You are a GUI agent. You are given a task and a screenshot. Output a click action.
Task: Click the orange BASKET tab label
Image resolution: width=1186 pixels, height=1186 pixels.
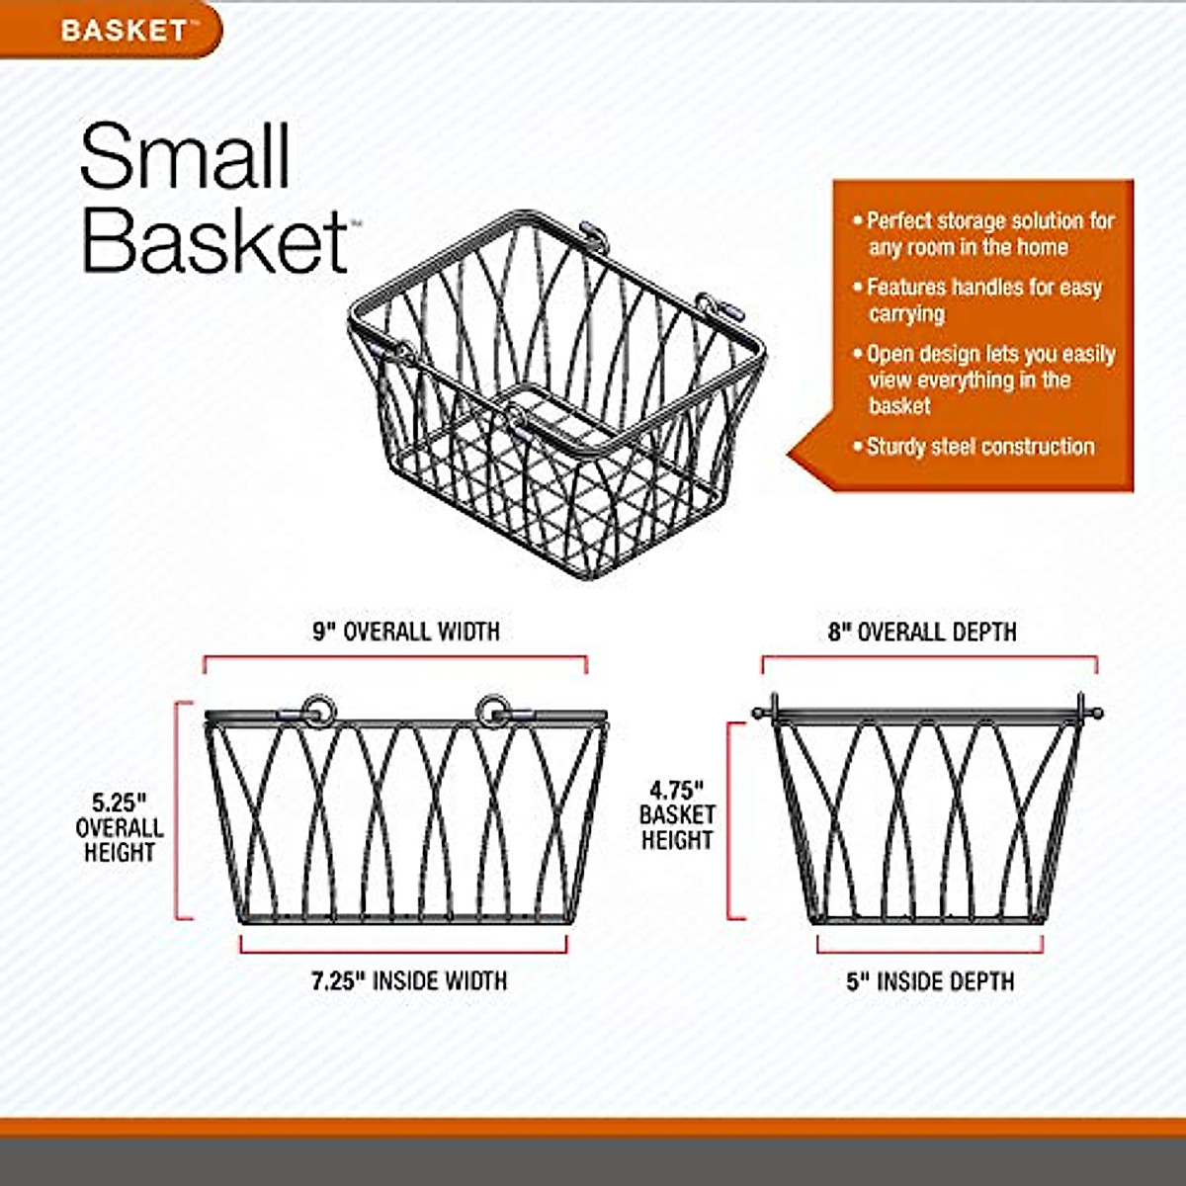[123, 30]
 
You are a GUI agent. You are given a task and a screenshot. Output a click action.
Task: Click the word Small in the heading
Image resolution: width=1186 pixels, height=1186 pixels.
[185, 156]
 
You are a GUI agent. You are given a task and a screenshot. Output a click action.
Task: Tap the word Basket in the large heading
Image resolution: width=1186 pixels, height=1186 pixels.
[212, 239]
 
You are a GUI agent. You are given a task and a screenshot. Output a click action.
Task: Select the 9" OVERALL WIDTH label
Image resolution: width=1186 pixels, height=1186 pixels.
[406, 632]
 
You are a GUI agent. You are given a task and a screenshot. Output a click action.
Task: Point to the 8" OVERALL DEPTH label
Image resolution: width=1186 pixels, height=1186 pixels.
[922, 632]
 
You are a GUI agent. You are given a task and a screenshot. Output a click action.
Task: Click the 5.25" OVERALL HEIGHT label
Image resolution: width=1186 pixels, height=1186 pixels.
[120, 827]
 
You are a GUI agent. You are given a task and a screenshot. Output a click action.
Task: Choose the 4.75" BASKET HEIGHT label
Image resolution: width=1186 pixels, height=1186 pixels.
[677, 815]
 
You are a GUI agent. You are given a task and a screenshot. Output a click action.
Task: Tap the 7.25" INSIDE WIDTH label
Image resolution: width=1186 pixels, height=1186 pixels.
[409, 981]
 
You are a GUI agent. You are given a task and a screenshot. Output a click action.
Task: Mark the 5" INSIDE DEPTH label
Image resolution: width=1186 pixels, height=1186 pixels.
[930, 981]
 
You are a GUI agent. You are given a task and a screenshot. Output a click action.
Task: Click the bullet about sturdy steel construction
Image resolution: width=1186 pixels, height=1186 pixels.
[979, 447]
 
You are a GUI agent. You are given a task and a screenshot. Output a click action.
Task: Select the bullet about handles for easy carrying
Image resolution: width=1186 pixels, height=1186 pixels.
[983, 300]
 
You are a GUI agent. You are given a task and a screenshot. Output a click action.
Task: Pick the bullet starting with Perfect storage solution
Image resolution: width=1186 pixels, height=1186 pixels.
[989, 234]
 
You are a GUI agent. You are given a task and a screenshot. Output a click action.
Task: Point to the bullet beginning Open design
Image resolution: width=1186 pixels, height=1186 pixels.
[989, 380]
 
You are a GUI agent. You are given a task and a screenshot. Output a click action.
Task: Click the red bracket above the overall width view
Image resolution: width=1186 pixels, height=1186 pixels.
[395, 657]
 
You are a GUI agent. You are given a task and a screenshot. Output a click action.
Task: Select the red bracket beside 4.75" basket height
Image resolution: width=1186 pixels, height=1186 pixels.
[731, 820]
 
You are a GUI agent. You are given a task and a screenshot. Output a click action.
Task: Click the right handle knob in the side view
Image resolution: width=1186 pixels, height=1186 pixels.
[1096, 712]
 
